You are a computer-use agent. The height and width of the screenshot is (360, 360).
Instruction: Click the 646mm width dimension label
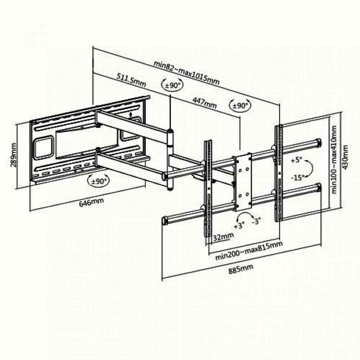pos(91,202)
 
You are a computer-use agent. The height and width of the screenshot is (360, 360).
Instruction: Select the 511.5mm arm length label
pos(131,79)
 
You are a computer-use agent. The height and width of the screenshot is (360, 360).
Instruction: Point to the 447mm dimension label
pos(204,103)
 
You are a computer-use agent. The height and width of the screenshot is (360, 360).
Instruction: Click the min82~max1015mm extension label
pos(186,73)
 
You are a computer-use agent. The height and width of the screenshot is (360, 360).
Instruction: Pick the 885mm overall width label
pos(241,269)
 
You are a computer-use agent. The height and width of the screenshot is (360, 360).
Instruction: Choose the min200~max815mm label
pos(248,250)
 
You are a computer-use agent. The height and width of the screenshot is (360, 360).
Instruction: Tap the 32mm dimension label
pos(223,236)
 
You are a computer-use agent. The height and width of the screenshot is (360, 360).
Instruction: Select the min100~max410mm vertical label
pos(334,160)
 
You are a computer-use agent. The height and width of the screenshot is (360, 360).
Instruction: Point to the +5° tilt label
pos(297,160)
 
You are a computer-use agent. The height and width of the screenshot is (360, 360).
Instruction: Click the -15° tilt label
pos(298,178)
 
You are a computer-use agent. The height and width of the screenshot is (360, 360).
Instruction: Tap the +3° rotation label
pos(239,226)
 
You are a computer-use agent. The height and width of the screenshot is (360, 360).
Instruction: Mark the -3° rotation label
pos(256,221)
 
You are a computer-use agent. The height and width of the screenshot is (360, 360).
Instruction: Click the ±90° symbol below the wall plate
pos(99,181)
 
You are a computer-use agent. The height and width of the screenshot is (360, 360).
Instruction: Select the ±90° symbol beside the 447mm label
pos(240,106)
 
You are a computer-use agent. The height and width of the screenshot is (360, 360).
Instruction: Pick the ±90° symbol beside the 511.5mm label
pos(173,85)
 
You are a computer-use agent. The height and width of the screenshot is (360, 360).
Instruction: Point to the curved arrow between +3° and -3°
pos(247,214)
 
